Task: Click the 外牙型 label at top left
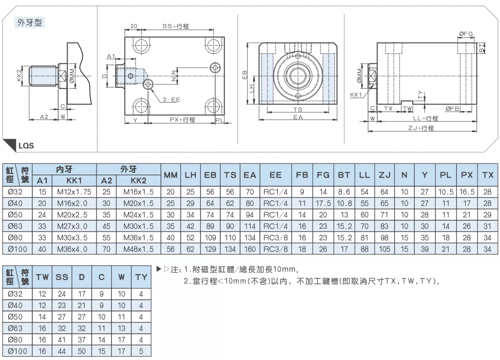pos(29,23)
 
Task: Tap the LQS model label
pos(26,146)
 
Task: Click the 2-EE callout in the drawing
pos(172,99)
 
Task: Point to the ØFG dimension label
pos(466,34)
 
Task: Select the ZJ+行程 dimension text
pos(421,128)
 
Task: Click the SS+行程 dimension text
pos(176,26)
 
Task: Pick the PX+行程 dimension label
pos(182,120)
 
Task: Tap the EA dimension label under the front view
pos(298,117)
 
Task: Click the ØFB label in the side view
pos(452,109)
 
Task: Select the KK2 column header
pos(139,181)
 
